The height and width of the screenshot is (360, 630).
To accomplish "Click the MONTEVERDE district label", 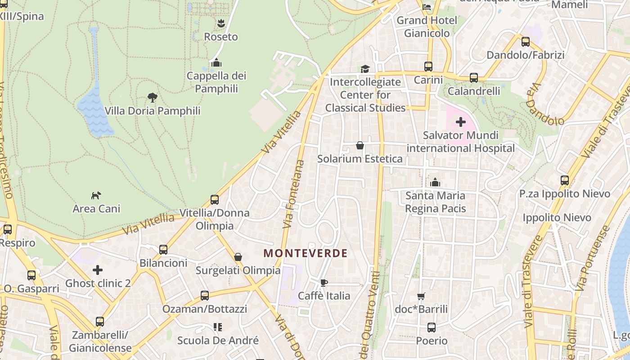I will click(x=306, y=253).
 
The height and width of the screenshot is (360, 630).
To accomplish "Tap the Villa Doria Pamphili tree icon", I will click(x=153, y=97).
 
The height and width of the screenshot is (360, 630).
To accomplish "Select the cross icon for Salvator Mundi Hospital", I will click(x=460, y=122).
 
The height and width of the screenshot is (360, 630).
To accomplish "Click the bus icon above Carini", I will click(x=428, y=67).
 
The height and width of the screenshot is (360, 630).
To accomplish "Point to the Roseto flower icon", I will click(x=220, y=23).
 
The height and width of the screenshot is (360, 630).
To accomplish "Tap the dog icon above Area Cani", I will click(x=96, y=195).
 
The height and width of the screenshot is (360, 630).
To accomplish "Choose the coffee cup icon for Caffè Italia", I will click(x=324, y=283).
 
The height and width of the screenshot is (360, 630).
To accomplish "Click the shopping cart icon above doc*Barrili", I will click(x=421, y=296).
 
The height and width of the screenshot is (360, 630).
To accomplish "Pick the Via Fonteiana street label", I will click(x=293, y=193).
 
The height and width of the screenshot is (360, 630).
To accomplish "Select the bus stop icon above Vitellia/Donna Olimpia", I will click(x=215, y=199).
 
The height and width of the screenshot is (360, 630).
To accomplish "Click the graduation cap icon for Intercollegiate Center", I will click(x=365, y=69).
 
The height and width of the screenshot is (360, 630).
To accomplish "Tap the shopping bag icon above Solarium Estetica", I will click(x=360, y=145).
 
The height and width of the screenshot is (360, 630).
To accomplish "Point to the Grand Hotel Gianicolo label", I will click(x=427, y=27).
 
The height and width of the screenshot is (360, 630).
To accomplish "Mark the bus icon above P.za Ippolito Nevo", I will click(x=565, y=180).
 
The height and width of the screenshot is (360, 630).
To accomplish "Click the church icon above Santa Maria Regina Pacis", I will click(x=435, y=182).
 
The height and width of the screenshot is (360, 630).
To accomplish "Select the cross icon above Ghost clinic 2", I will click(x=98, y=270).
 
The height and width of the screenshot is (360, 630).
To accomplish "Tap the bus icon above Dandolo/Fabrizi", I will click(x=525, y=42).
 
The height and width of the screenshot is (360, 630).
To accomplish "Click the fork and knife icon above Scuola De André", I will click(x=218, y=327).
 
